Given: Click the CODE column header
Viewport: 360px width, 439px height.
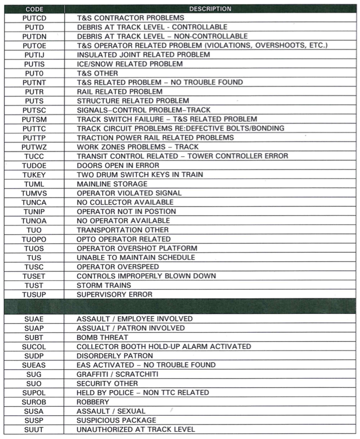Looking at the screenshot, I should click(x=34, y=9).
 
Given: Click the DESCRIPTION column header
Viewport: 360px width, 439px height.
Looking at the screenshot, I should click(x=210, y=9).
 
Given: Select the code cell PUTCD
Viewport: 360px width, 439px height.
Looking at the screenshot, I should click(x=34, y=18).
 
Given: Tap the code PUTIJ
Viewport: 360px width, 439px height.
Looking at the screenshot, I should click(x=34, y=55).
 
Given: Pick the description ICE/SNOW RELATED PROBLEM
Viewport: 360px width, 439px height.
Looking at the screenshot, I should click(x=130, y=64).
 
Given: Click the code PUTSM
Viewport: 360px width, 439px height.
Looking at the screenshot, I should click(x=34, y=119).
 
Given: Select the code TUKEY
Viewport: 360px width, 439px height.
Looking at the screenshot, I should click(x=34, y=175).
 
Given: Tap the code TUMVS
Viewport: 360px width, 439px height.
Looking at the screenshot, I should click(x=34, y=193).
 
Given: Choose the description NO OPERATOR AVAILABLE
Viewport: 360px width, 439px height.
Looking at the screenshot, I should click(x=123, y=221).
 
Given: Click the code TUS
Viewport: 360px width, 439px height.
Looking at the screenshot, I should click(x=34, y=258).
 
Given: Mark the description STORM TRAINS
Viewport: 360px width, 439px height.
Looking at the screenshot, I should click(x=104, y=286).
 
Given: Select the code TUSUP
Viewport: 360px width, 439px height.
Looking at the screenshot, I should click(x=34, y=295).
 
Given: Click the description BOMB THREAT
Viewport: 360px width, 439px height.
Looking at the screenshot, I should click(x=103, y=337).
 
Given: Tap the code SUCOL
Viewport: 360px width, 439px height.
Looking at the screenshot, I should click(x=34, y=347).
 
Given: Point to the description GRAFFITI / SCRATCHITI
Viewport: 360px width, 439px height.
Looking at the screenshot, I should click(x=118, y=374).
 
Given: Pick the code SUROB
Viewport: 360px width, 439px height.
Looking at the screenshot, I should click(x=34, y=402).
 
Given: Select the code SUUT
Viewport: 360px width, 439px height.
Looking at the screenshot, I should click(x=34, y=429).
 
